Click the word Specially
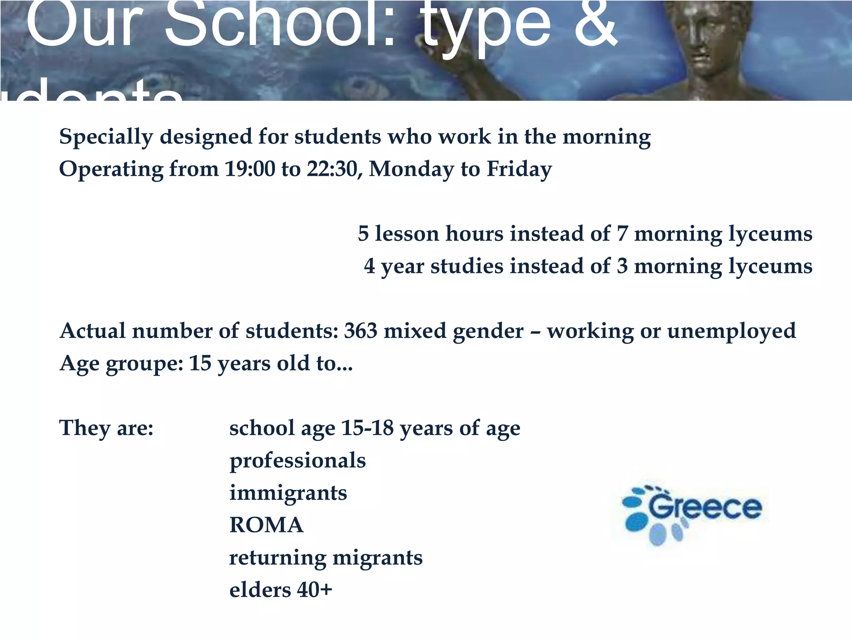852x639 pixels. click(x=106, y=137)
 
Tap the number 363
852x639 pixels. click(x=360, y=331)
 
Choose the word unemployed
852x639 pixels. click(x=731, y=331)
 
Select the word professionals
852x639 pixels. click(x=297, y=461)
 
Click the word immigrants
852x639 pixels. click(x=288, y=493)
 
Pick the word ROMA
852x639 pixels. click(x=266, y=525)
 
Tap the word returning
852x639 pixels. click(x=277, y=558)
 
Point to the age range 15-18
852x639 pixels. click(x=367, y=428)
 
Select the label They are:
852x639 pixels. click(x=106, y=428)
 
